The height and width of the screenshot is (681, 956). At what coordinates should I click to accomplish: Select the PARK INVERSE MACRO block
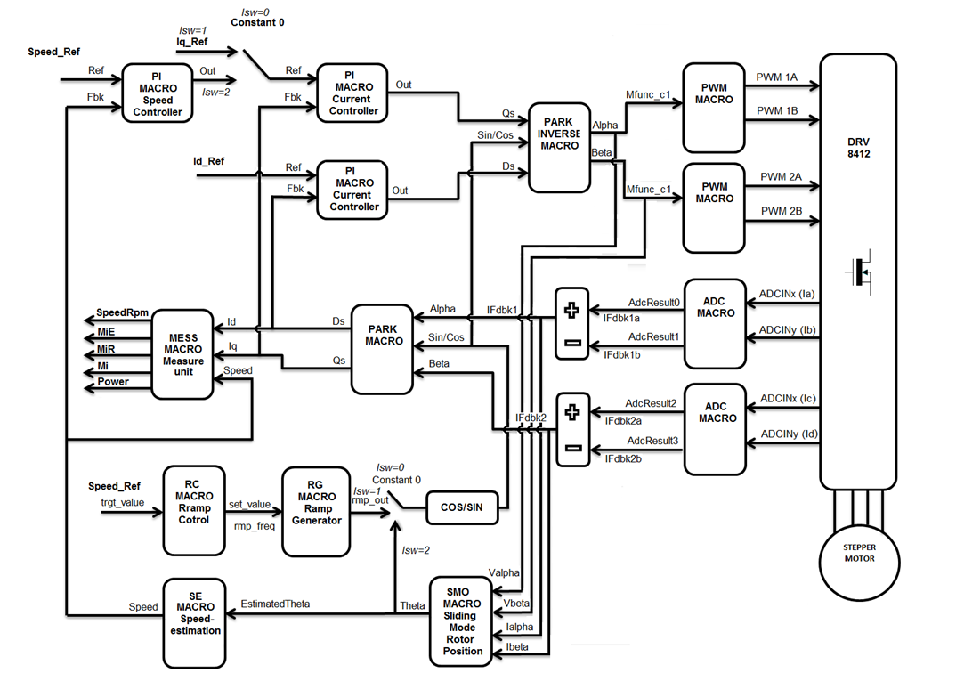(x=560, y=147)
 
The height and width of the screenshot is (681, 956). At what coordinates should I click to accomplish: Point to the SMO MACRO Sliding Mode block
(x=462, y=620)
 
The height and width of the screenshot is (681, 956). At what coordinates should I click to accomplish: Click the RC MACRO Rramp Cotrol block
(x=194, y=508)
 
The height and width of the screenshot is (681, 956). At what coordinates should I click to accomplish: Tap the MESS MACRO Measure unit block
(x=182, y=353)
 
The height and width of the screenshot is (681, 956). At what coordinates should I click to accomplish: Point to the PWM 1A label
(x=777, y=77)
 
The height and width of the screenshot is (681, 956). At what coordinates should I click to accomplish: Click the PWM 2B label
(x=781, y=210)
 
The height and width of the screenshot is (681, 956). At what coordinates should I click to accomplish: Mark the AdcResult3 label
(x=653, y=441)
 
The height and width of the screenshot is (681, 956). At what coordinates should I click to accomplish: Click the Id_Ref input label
(x=209, y=161)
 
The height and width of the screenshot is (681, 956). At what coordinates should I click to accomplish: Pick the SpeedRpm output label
(x=123, y=313)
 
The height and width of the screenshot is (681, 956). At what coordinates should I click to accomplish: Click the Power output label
(x=113, y=382)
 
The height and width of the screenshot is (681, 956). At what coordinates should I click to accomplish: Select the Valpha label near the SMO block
(x=504, y=572)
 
